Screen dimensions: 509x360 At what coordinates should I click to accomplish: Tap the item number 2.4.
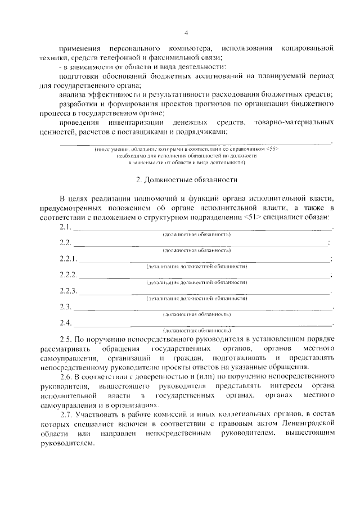65,323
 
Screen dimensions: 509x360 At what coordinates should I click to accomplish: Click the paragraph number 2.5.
66,340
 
